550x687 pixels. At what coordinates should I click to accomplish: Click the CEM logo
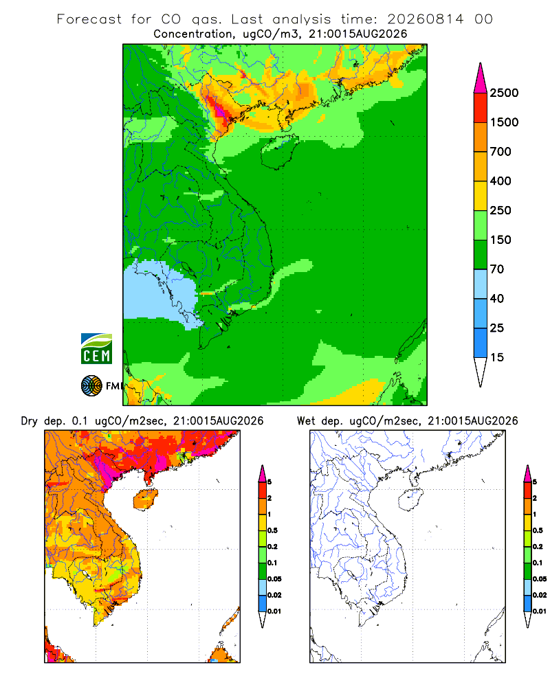[x=96, y=349]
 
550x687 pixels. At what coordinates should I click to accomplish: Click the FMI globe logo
[x=91, y=386]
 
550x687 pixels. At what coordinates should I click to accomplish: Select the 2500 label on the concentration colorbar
[x=504, y=93]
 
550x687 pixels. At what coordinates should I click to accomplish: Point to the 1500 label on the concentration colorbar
[x=504, y=122]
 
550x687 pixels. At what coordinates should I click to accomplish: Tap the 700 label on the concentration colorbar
[x=500, y=152]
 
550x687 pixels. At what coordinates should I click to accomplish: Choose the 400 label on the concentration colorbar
[x=500, y=181]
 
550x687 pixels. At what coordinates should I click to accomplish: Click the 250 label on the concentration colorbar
[x=500, y=210]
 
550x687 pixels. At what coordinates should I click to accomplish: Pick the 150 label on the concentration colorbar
[x=500, y=240]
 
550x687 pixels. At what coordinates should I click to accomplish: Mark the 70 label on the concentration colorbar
[x=497, y=269]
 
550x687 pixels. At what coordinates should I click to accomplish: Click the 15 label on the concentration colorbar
[x=497, y=357]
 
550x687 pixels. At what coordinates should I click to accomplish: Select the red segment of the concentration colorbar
[x=481, y=108]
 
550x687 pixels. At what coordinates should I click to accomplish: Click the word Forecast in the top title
[x=89, y=19]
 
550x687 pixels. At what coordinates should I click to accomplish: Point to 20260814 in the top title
[x=425, y=19]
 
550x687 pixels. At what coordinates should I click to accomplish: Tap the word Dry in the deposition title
[x=30, y=421]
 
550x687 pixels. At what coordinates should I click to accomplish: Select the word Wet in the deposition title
[x=306, y=421]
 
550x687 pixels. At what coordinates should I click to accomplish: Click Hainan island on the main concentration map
[x=280, y=152]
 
